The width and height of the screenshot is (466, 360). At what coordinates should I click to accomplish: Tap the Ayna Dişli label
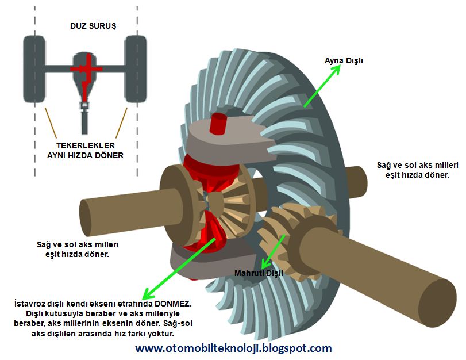pos(344,60)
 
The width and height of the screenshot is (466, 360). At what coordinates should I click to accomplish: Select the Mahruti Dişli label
pos(259,274)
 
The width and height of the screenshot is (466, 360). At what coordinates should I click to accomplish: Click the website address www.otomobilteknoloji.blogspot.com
pos(233,348)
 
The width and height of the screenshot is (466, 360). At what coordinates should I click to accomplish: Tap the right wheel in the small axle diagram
pos(136,68)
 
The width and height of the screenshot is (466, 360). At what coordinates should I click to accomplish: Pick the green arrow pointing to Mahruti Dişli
pos(274,251)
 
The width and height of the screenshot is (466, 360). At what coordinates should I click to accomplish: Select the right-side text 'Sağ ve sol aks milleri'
pos(412,165)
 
